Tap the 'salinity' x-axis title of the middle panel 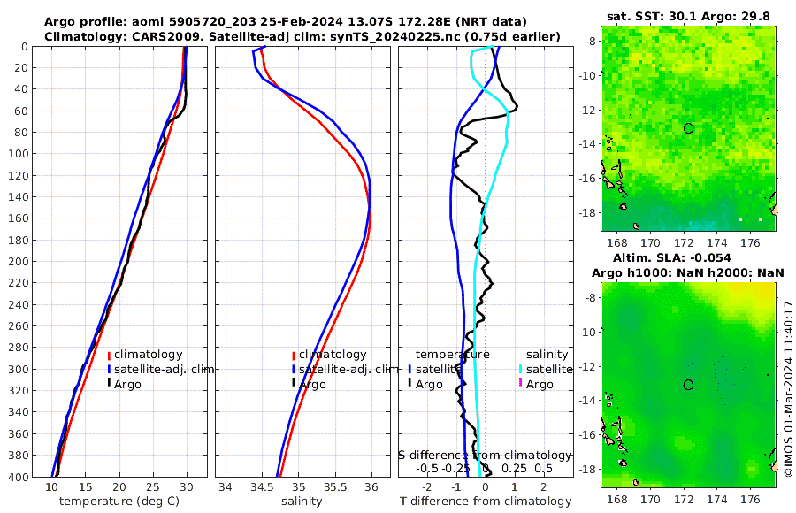pos(301,502)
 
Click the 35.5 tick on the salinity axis pos(334,486)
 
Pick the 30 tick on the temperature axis pos(187,486)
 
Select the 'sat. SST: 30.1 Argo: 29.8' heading pos(688,16)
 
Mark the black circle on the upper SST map pos(688,128)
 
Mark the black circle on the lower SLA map pos(688,385)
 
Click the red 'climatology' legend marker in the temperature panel pos(110,355)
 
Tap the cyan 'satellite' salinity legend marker pos(521,370)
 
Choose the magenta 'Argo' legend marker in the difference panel pos(521,384)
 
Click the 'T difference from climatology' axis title pos(486,502)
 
